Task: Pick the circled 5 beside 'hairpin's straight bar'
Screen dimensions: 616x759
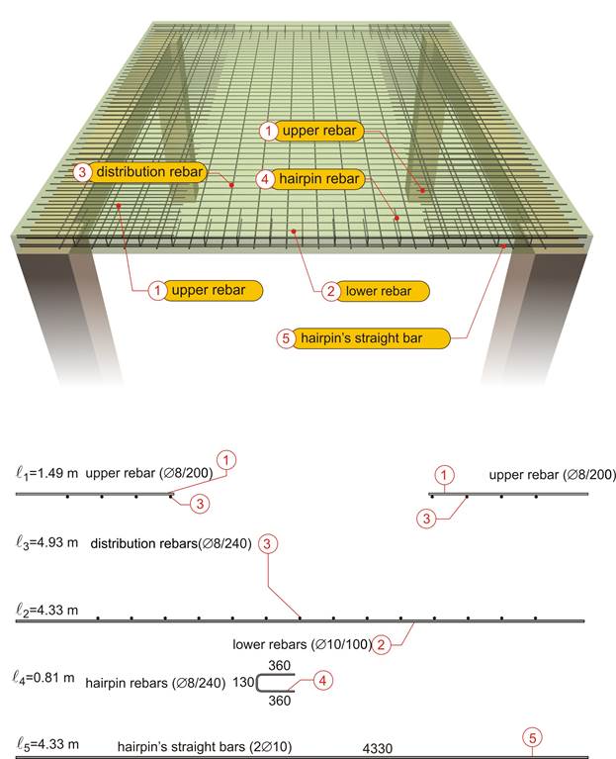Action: [286, 338]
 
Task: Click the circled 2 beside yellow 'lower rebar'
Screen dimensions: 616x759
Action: [331, 291]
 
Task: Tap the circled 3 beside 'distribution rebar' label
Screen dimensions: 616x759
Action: [82, 172]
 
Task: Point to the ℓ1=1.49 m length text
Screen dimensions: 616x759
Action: [46, 473]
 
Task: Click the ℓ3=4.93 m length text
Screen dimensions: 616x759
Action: [46, 542]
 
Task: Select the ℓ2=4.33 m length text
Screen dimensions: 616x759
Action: [46, 610]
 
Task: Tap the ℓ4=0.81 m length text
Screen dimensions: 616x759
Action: [44, 677]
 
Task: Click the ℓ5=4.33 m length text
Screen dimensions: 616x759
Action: [47, 744]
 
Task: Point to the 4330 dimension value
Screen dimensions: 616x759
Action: [377, 749]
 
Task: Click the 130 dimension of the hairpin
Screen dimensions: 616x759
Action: [243, 682]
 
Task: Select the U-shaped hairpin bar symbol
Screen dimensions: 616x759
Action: [258, 683]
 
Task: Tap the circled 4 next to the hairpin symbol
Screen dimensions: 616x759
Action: [323, 681]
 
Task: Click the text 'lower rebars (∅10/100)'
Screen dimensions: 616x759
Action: [303, 645]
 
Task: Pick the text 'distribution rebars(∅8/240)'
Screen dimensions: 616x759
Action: [171, 543]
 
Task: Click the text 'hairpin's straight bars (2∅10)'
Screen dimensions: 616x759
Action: [205, 747]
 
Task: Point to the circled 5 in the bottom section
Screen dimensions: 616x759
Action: [532, 738]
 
